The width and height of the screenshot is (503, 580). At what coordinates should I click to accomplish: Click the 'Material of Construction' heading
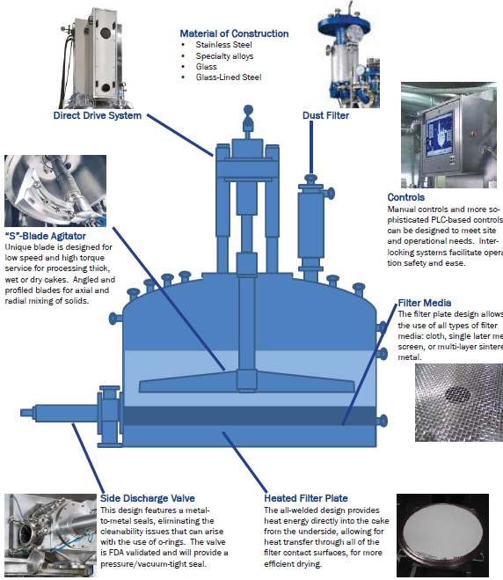click(x=234, y=33)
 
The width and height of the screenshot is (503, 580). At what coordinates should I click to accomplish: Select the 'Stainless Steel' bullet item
click(x=223, y=45)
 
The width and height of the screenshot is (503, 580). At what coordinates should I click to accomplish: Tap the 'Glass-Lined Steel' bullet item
click(x=228, y=77)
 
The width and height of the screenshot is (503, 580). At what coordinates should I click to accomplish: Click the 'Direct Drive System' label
click(x=98, y=114)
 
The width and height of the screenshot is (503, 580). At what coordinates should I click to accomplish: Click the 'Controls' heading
click(x=405, y=197)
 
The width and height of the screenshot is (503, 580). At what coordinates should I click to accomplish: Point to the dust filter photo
click(x=349, y=53)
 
